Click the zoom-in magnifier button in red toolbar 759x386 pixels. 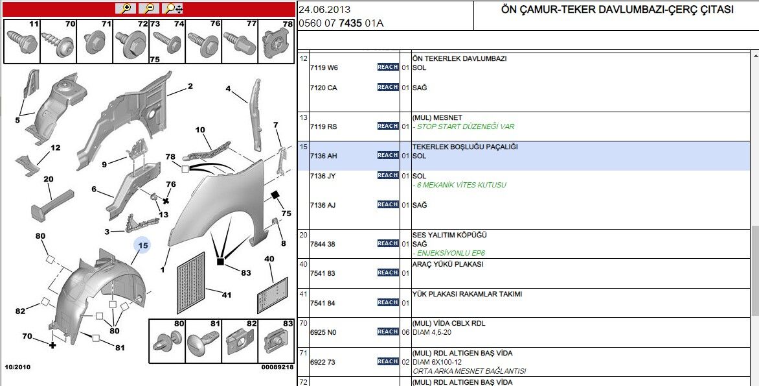click(126, 8)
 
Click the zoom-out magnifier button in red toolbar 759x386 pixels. click(149, 8)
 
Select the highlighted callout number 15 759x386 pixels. click(143, 245)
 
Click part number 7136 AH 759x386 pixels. click(323, 156)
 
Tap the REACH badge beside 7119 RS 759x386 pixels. click(387, 127)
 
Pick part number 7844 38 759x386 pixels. click(323, 244)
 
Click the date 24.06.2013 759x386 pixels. click(324, 9)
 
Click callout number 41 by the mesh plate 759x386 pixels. click(226, 295)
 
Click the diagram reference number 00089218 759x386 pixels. click(277, 367)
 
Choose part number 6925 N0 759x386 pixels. click(323, 332)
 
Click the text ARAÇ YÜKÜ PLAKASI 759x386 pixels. click(447, 264)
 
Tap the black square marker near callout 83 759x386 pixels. click(220, 261)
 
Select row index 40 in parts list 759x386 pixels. click(303, 264)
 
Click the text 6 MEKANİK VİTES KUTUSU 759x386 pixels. click(461, 185)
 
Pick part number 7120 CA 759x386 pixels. click(323, 88)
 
